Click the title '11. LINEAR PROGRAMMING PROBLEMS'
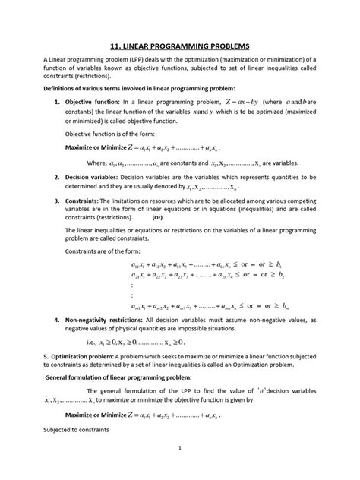click(x=180, y=46)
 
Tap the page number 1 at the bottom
click(x=180, y=470)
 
